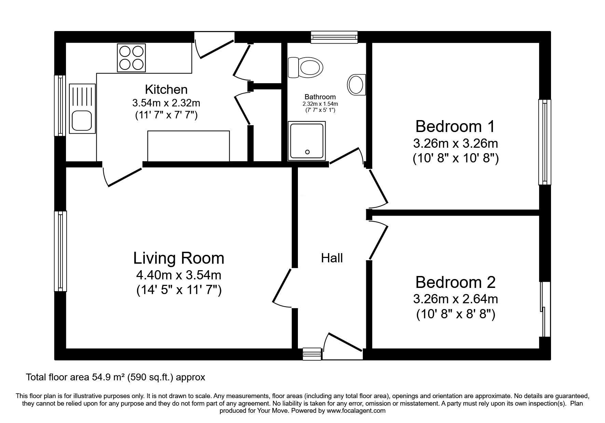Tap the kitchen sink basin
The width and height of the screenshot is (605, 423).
point(81,121)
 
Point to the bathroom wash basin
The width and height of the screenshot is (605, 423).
point(357,84)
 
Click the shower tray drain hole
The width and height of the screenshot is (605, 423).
point(307,152)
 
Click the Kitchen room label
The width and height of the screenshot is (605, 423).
point(166,89)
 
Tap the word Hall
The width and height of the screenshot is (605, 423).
point(332,258)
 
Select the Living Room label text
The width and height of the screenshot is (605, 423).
point(179,258)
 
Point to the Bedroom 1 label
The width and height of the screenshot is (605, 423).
point(455,127)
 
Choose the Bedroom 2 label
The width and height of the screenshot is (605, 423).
point(455,282)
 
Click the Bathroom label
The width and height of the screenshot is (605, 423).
point(320,97)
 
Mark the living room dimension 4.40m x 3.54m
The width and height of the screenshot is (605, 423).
point(179,275)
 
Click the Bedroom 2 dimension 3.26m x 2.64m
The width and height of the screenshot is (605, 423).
point(455,299)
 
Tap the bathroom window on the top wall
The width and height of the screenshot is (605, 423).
point(334,37)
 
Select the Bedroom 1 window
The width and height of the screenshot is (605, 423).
point(545,142)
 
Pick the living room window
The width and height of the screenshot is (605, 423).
point(60,251)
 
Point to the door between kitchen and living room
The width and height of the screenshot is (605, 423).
point(122,174)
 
